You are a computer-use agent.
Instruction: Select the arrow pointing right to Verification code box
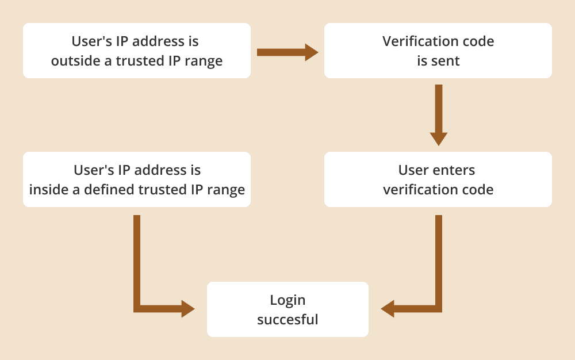287,52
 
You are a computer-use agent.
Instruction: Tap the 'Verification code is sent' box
438,51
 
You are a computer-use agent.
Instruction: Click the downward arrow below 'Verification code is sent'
439,115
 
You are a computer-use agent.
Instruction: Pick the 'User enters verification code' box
438,179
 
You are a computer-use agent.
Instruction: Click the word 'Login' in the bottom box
287,300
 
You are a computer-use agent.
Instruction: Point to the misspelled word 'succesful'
287,319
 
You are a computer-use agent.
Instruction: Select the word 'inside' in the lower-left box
48,190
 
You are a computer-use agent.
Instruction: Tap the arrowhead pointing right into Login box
187,309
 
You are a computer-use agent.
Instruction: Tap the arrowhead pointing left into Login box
388,309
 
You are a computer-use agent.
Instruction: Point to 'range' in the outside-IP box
203,61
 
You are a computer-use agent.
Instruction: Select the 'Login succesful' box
287,309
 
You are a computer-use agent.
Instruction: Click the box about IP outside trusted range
136,51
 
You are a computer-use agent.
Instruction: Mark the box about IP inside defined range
136,179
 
